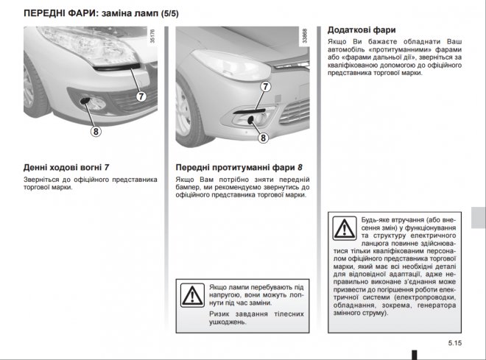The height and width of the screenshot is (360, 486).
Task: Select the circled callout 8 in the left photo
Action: click(96, 133)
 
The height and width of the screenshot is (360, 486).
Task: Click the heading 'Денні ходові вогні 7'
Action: click(66, 167)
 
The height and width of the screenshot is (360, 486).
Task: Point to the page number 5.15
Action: click(454, 343)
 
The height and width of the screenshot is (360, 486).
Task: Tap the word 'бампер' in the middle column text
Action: click(189, 188)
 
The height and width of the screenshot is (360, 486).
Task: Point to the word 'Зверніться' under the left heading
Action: click(43, 179)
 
